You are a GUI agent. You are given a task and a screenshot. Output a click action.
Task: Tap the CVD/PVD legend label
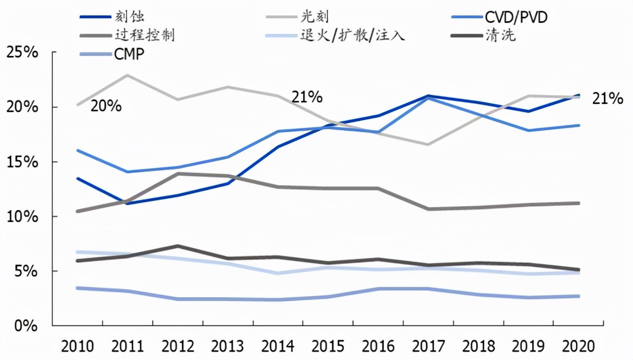click(516, 17)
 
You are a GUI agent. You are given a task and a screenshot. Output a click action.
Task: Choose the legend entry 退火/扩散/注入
click(353, 35)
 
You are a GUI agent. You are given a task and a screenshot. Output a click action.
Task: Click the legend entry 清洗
click(500, 35)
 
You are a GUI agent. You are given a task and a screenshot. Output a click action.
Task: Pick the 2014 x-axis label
click(278, 346)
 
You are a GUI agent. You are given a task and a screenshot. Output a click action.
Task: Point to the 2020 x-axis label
click(578, 346)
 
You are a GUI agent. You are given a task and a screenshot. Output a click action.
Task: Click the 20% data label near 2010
click(106, 106)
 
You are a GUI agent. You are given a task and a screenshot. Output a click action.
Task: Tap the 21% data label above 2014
click(307, 97)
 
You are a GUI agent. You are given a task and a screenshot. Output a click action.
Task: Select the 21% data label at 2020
click(607, 99)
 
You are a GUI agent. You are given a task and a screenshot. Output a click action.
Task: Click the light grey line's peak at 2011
click(128, 75)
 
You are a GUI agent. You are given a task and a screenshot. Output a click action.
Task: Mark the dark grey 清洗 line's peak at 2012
click(178, 246)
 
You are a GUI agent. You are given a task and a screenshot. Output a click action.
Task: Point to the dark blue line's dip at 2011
click(128, 203)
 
